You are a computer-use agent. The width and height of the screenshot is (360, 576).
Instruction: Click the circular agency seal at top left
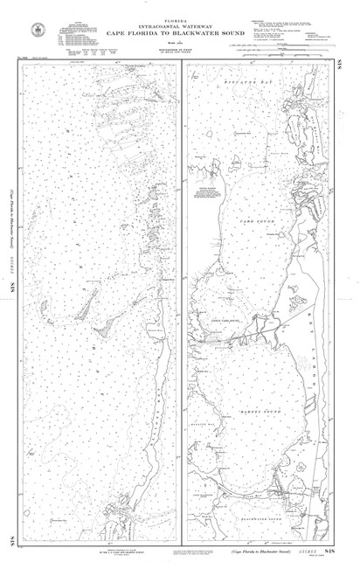[37, 29]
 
